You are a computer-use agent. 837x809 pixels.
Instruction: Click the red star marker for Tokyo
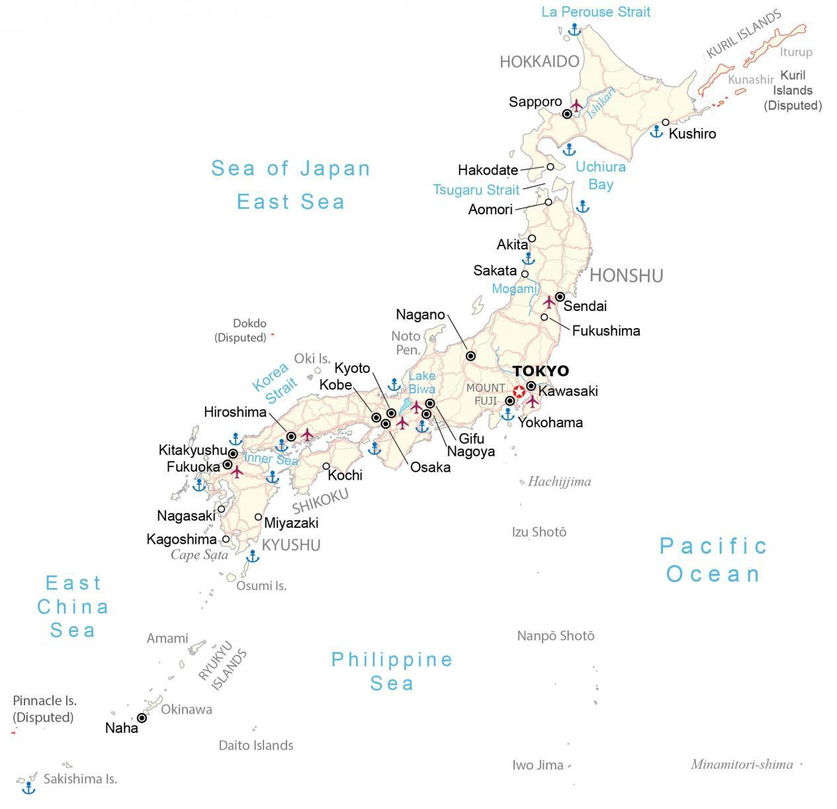pyautogui.click(x=519, y=391)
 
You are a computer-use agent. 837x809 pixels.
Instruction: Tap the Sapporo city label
pyautogui.click(x=535, y=102)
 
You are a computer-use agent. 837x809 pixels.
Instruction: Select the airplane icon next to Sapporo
pyautogui.click(x=576, y=105)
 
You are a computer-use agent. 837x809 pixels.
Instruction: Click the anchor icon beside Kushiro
pyautogui.click(x=656, y=131)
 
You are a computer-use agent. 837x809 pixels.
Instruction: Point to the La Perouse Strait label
pyautogui.click(x=595, y=12)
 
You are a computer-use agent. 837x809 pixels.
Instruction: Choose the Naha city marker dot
pyautogui.click(x=142, y=718)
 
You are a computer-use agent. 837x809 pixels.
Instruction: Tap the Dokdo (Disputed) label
pyautogui.click(x=241, y=331)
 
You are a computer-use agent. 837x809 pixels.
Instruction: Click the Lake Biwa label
pyautogui.click(x=421, y=382)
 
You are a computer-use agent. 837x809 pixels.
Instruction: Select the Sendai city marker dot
pyautogui.click(x=560, y=296)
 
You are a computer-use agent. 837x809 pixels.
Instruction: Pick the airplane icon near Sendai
pyautogui.click(x=549, y=302)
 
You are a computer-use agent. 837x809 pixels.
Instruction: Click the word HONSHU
pyautogui.click(x=626, y=275)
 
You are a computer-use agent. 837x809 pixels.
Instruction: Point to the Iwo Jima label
pyautogui.click(x=537, y=765)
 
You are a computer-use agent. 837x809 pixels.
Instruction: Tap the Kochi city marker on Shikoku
pyautogui.click(x=326, y=466)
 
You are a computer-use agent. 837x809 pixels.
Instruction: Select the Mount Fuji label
pyautogui.click(x=486, y=394)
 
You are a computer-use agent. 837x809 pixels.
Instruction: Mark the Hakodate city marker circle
pyautogui.click(x=550, y=167)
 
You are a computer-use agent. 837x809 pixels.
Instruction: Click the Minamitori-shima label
pyautogui.click(x=741, y=765)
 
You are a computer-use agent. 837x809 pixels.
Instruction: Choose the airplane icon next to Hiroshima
pyautogui.click(x=307, y=434)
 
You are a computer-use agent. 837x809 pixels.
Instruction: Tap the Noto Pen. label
pyautogui.click(x=406, y=343)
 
